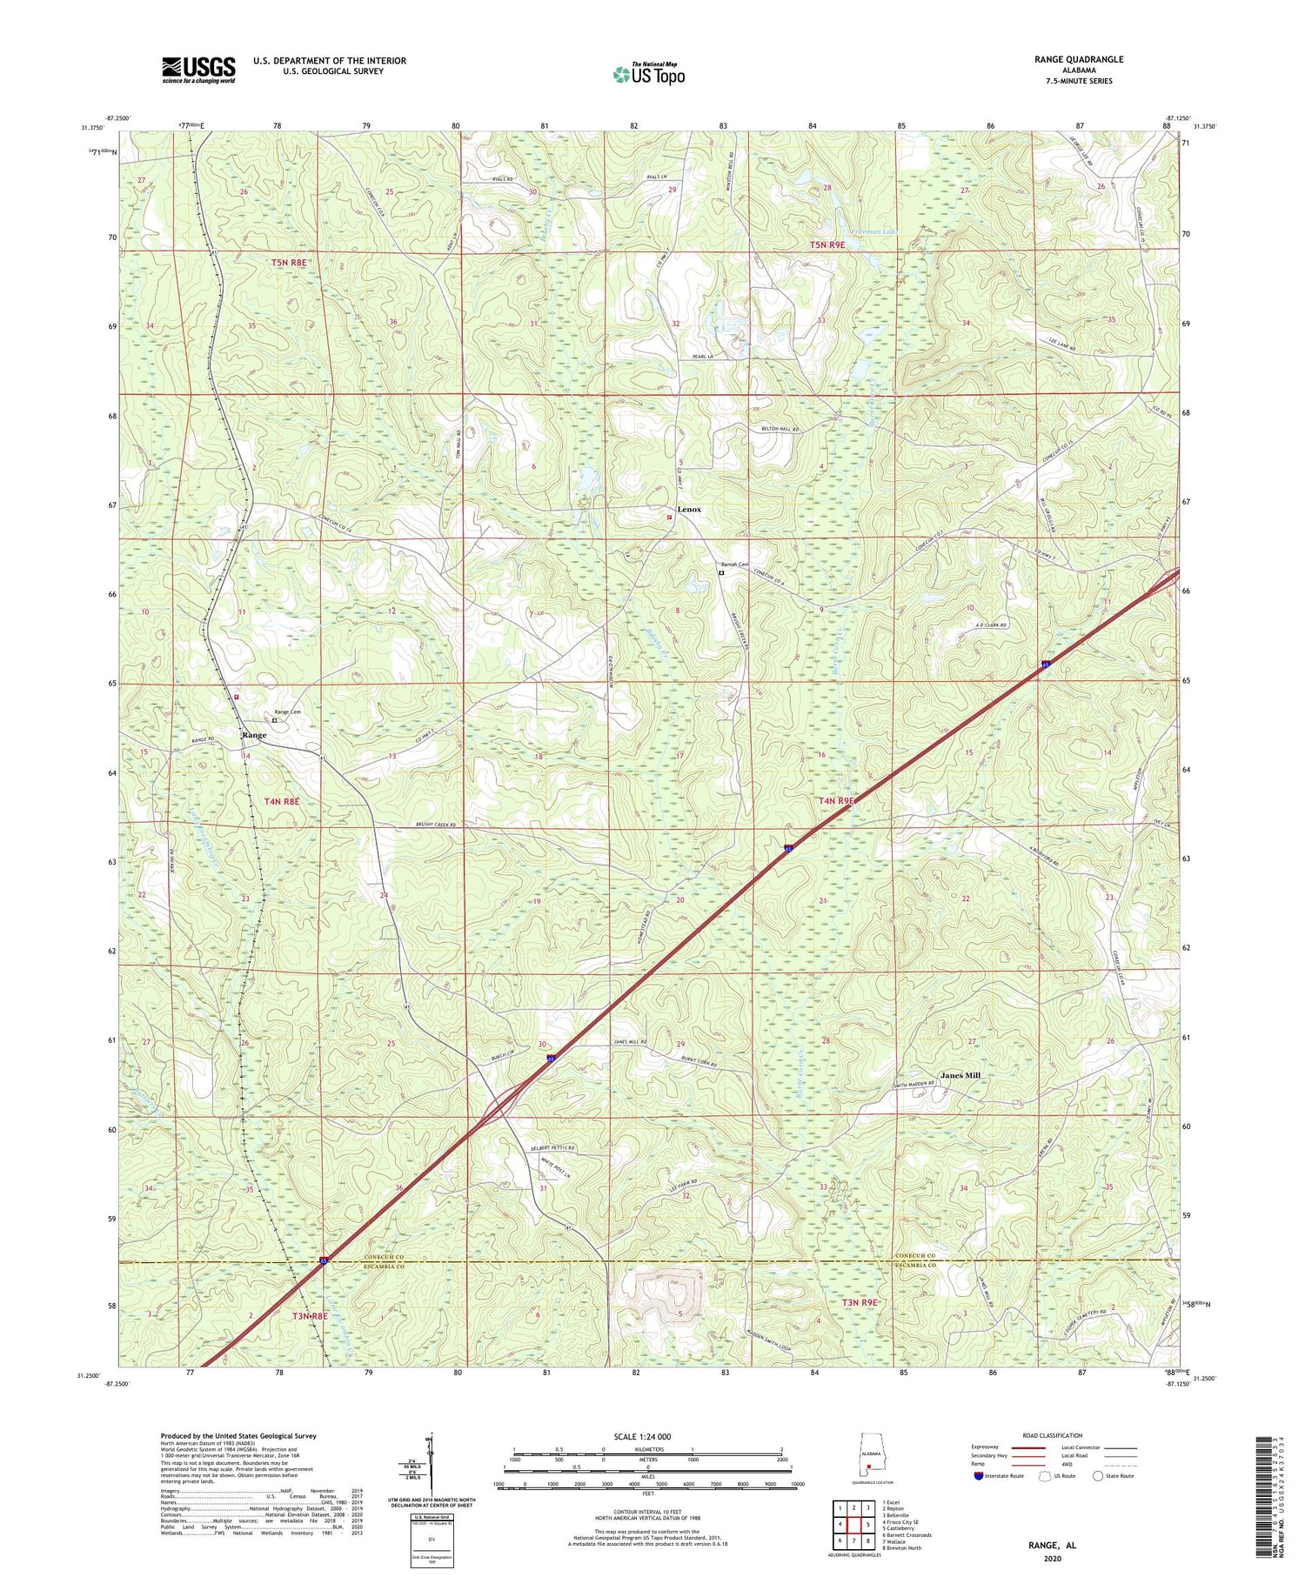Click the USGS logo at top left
tap(198, 70)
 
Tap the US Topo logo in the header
tap(648, 75)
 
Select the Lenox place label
tap(690, 509)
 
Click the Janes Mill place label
tap(960, 1075)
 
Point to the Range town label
tap(254, 735)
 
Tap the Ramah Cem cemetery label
tap(733, 565)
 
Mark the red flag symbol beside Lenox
tap(669, 518)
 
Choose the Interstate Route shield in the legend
tap(979, 1476)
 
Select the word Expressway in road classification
tap(989, 1447)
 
